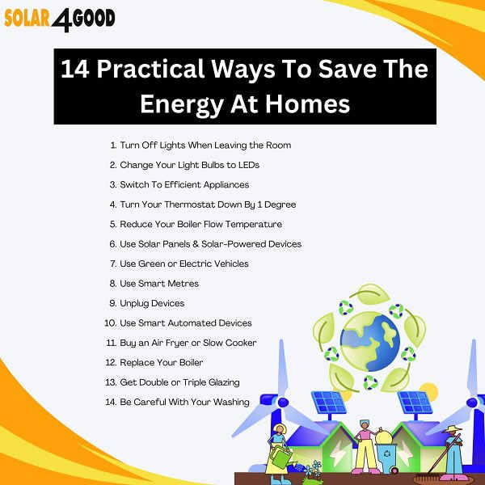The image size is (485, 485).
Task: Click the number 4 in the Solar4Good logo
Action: (61, 19)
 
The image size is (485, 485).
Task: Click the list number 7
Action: (112, 264)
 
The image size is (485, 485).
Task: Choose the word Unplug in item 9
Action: (136, 303)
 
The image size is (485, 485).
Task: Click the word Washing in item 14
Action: (231, 402)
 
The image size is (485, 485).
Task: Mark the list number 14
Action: (111, 402)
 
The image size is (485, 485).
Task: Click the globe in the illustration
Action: (370, 340)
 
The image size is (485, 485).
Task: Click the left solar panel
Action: (328, 402)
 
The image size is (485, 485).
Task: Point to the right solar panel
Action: (416, 402)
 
